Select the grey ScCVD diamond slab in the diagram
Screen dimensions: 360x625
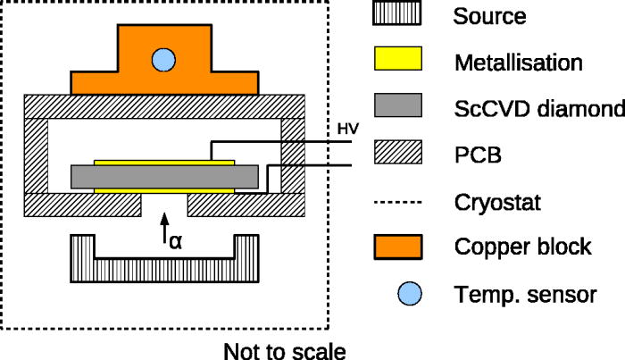(x=165, y=176)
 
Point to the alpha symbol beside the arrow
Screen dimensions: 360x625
(x=176, y=239)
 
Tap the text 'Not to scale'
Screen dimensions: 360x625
(x=284, y=349)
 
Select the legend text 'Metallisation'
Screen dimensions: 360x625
(x=518, y=63)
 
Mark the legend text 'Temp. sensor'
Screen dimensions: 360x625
(x=524, y=293)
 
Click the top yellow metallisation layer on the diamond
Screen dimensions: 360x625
(x=165, y=163)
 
